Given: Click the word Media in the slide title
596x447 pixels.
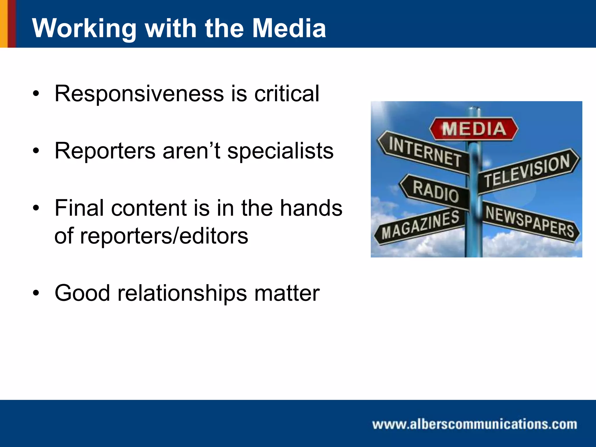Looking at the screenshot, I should pyautogui.click(x=289, y=28).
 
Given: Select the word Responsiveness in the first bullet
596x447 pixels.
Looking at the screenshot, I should pyautogui.click(x=139, y=94).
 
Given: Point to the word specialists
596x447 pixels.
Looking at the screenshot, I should pyautogui.click(x=280, y=151).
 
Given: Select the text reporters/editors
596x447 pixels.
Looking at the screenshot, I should pyautogui.click(x=164, y=236).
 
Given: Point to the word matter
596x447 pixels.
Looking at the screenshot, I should pyautogui.click(x=287, y=293).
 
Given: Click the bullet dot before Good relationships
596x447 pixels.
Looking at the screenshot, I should pyautogui.click(x=36, y=293).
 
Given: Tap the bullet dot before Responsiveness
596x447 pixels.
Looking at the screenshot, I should pyautogui.click(x=36, y=94).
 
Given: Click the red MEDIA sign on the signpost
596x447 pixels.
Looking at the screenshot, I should pyautogui.click(x=474, y=129).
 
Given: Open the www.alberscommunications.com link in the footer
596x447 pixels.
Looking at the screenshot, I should pyautogui.click(x=475, y=424).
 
